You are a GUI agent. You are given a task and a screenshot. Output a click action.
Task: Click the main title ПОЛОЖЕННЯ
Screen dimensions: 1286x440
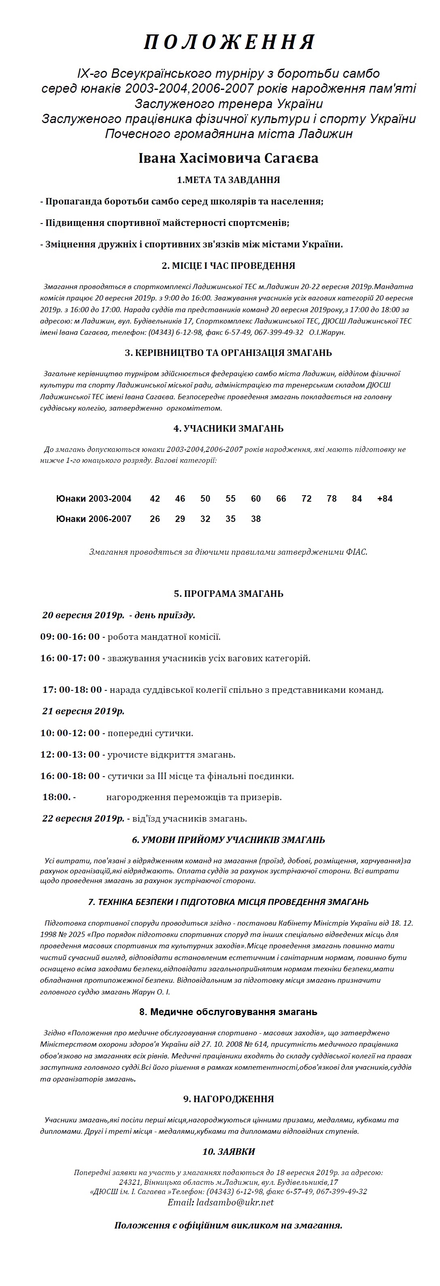tap(228, 43)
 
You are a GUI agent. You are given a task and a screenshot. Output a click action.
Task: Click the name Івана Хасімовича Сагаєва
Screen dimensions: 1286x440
tap(228, 158)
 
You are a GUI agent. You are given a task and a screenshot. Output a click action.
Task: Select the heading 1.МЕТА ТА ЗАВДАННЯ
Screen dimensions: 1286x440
tap(228, 180)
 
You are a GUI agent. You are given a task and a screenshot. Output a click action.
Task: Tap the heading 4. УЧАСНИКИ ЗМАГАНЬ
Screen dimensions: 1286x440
tap(228, 428)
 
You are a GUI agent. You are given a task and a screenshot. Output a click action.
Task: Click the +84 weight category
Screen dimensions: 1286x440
tap(385, 498)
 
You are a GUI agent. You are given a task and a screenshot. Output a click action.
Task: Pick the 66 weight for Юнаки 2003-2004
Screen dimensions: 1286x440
tap(281, 498)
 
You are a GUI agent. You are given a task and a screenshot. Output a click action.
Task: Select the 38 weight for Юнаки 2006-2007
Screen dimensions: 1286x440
tap(256, 519)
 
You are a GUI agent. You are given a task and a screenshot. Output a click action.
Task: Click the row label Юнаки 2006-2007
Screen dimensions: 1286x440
tap(94, 519)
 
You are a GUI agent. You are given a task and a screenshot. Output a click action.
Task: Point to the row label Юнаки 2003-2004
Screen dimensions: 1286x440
tap(94, 498)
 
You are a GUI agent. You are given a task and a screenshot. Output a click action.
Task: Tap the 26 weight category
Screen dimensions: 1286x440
tap(154, 519)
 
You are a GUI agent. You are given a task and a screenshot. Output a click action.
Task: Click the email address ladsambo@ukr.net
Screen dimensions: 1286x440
tap(235, 1202)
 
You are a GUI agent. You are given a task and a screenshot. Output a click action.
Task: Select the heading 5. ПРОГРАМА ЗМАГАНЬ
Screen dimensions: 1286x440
tap(228, 594)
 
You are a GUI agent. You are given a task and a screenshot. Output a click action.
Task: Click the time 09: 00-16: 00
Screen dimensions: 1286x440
tap(70, 637)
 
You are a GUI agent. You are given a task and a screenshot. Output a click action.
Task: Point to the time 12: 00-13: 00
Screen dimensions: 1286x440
tap(70, 754)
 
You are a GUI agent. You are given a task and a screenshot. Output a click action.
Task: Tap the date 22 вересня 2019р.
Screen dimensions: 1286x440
tap(83, 818)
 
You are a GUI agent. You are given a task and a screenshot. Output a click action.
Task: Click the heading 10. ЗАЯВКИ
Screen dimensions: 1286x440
tap(228, 1151)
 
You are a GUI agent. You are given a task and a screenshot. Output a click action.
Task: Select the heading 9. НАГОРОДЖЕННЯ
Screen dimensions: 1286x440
tap(228, 1099)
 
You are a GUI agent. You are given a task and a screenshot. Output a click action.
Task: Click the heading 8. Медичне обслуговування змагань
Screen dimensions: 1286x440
tap(228, 1012)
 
